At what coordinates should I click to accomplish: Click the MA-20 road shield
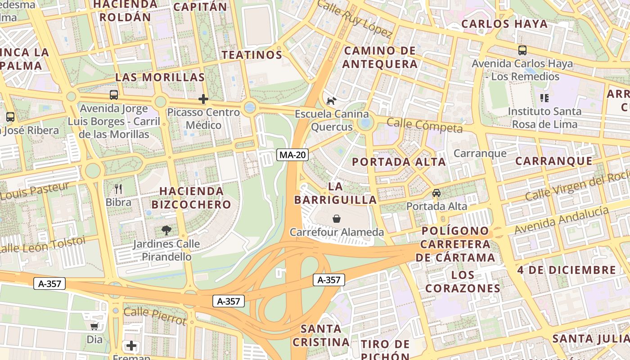(x=292, y=155)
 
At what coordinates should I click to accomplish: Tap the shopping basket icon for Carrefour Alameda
(x=337, y=219)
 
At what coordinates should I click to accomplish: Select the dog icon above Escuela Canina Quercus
(x=331, y=101)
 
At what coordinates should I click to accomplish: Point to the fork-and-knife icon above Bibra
(x=118, y=189)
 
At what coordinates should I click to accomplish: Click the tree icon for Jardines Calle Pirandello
(x=166, y=231)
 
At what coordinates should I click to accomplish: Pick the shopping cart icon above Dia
(x=94, y=326)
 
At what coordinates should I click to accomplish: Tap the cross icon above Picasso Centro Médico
(x=203, y=99)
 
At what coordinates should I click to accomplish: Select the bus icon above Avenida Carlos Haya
(x=522, y=50)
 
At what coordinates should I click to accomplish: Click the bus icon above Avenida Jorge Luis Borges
(x=114, y=95)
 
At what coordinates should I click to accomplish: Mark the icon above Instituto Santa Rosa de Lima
(x=544, y=98)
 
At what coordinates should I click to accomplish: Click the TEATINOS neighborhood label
(x=252, y=55)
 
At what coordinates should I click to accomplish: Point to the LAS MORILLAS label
(x=160, y=77)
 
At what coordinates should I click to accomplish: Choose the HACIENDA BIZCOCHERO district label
(x=191, y=198)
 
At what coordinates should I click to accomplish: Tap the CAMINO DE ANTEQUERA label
(x=380, y=57)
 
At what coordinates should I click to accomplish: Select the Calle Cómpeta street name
(x=424, y=126)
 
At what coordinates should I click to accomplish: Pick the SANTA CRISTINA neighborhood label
(x=321, y=335)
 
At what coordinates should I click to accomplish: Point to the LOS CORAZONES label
(x=463, y=281)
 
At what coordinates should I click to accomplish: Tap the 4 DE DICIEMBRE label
(x=566, y=270)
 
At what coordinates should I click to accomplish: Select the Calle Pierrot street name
(x=155, y=316)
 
